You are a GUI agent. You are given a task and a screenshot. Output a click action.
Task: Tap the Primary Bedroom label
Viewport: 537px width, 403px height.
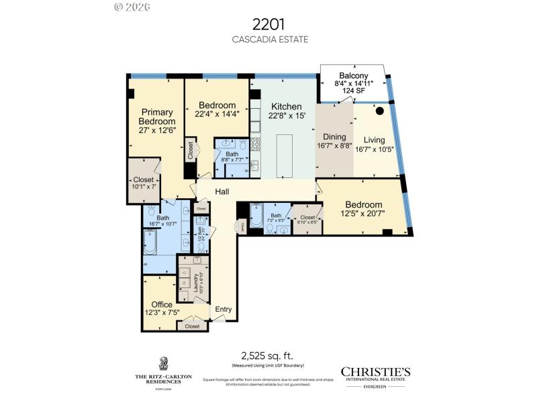pos(157,116)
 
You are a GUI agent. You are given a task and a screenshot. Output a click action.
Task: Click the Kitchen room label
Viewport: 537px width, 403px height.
pos(287,106)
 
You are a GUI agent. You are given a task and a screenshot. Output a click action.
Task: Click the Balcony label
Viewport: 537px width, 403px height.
pos(353,76)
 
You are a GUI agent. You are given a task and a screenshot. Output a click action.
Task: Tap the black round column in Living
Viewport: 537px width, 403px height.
pos(379,111)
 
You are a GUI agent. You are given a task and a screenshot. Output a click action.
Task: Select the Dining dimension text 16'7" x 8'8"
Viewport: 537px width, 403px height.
pos(334,144)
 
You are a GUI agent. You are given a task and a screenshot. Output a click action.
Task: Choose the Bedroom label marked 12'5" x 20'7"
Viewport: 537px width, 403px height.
pos(364,205)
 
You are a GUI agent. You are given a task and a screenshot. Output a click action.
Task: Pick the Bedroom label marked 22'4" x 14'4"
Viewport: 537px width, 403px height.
pos(217,105)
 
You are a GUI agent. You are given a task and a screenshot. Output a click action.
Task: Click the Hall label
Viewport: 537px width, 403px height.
pos(223,192)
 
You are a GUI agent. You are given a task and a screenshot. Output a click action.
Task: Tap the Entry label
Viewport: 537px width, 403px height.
pos(223,310)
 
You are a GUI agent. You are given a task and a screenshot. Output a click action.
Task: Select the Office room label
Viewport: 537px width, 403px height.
pos(161,304)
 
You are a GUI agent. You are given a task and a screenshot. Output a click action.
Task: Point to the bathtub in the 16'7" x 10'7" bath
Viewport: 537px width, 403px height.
pos(150,243)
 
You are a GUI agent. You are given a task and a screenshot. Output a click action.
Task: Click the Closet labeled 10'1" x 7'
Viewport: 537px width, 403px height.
pos(143,180)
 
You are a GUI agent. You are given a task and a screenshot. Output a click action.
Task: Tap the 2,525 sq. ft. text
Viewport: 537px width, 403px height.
pos(268,355)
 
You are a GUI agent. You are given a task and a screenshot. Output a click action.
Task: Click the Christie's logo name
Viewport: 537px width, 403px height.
pos(375,371)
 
